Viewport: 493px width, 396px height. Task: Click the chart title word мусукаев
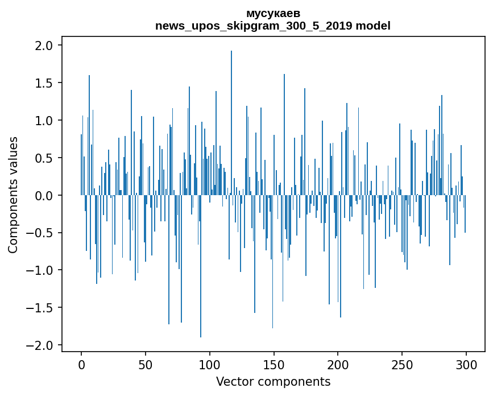coord(273,13)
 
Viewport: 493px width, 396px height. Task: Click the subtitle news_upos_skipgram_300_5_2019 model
coord(273,26)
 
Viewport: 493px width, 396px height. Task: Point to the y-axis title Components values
coord(13,195)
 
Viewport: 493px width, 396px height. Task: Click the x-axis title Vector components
coord(273,382)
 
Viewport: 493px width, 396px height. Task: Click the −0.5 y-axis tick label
coord(41,233)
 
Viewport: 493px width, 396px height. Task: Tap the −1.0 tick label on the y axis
coord(41,270)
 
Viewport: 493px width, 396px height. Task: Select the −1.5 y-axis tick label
coord(41,308)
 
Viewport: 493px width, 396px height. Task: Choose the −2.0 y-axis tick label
coord(41,345)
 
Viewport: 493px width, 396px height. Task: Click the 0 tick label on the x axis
coord(81,364)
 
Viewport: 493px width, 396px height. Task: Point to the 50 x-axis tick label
coord(146,364)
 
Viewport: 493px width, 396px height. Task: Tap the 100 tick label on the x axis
coord(210,364)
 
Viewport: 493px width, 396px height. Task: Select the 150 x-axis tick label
coord(274,364)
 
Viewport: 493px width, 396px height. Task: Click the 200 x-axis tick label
coord(338,364)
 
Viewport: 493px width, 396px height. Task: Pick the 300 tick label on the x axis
coord(466,364)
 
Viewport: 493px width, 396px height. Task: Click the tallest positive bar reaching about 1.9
coord(231,114)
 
